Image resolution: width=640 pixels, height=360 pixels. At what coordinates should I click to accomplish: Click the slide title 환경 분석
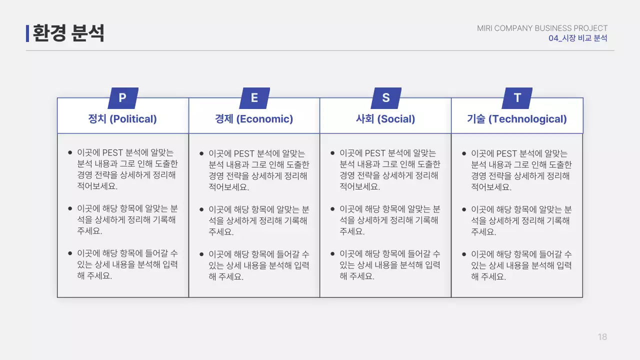[x=68, y=33]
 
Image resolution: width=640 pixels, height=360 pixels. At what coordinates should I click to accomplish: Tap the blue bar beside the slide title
[x=27, y=33]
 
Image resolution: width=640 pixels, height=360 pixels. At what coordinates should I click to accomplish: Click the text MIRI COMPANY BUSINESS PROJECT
[x=542, y=28]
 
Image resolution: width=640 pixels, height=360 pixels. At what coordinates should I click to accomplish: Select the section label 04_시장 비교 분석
[x=577, y=38]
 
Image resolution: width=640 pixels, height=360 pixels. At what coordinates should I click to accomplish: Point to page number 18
[x=602, y=337]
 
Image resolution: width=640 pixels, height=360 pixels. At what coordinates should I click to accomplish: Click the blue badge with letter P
[x=122, y=98]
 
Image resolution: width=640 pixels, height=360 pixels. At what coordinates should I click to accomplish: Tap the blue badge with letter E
[x=254, y=98]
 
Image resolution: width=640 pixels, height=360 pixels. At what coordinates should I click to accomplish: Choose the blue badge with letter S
[x=385, y=98]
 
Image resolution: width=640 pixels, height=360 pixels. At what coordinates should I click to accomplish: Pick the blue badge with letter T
[x=517, y=98]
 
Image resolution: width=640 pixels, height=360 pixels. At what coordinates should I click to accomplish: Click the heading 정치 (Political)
[x=122, y=119]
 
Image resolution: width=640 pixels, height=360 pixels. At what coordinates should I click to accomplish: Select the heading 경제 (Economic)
[x=254, y=119]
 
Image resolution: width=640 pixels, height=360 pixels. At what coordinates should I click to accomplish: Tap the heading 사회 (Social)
[x=385, y=119]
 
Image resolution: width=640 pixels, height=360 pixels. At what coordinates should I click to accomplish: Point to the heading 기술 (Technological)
[x=517, y=119]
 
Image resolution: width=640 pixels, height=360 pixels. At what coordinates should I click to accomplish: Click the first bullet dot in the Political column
[x=70, y=152]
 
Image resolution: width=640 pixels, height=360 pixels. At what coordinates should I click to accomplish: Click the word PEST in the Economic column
[x=244, y=153]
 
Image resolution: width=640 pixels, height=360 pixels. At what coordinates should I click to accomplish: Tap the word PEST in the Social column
[x=375, y=153]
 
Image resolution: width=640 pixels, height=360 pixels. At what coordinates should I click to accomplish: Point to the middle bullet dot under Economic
[x=201, y=209]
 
